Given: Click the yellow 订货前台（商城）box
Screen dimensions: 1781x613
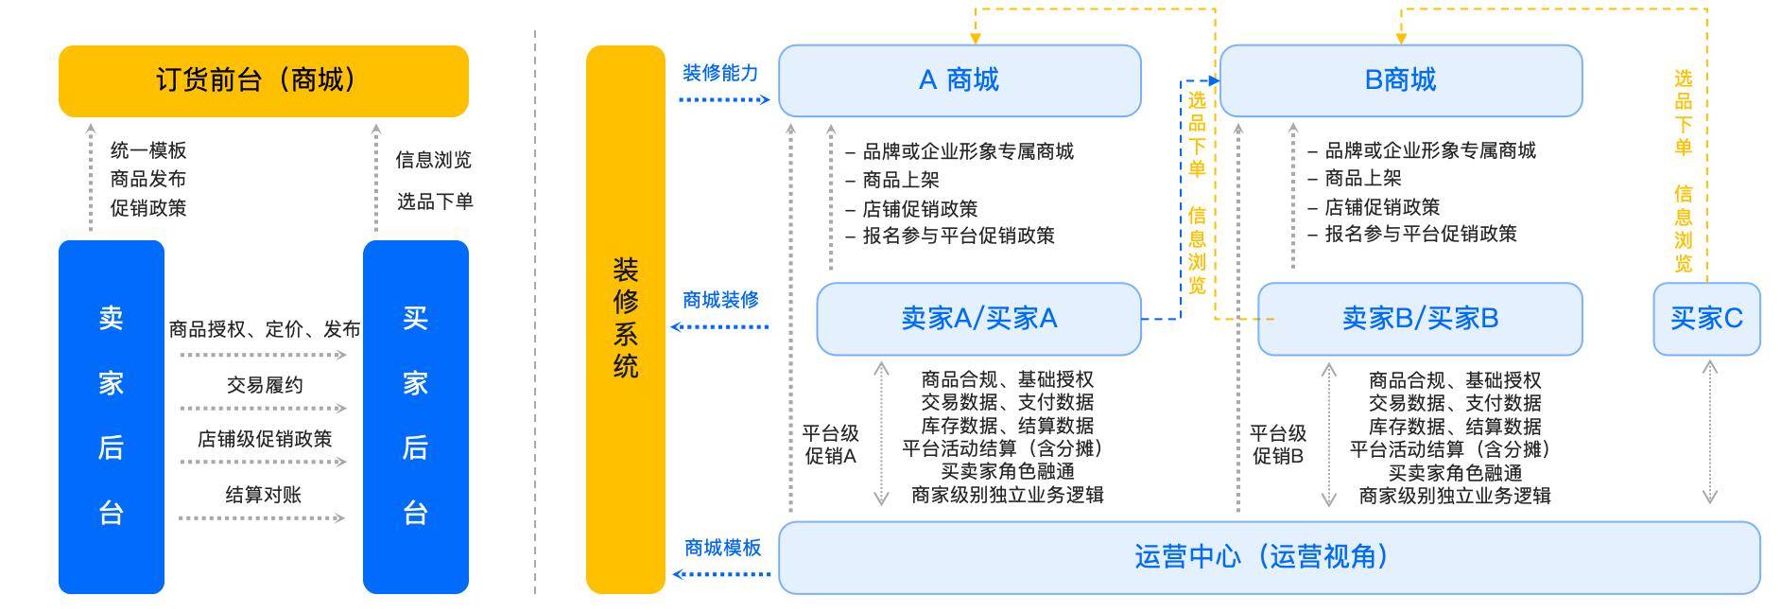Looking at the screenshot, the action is [x=264, y=80].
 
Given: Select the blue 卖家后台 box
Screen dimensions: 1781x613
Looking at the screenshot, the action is [x=112, y=416].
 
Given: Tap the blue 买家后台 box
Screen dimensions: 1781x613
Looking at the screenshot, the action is [x=416, y=416].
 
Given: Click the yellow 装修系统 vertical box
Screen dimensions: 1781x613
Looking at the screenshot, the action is [x=626, y=320].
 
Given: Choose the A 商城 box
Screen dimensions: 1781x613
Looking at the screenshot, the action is [x=960, y=80].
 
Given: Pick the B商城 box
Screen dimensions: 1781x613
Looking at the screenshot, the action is [x=1401, y=80].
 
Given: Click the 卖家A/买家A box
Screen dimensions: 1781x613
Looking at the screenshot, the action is [x=978, y=319].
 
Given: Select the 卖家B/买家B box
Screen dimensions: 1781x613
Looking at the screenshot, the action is [x=1420, y=319].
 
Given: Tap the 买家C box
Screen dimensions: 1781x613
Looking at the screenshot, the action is [x=1706, y=319].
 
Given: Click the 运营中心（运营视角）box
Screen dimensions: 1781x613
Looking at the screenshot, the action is [x=1270, y=557].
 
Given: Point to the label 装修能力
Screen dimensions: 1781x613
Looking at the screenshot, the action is [x=720, y=73].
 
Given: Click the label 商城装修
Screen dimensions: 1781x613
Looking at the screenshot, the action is [x=720, y=300].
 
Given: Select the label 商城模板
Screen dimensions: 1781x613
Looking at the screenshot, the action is [x=722, y=548].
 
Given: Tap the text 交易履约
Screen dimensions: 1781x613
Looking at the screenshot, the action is [x=265, y=385].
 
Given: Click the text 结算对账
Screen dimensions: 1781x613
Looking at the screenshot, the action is [x=263, y=494].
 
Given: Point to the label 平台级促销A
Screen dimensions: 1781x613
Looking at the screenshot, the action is [x=830, y=445].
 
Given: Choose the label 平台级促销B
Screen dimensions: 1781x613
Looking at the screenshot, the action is [x=1278, y=445].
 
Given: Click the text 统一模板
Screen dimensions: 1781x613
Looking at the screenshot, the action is [x=148, y=150].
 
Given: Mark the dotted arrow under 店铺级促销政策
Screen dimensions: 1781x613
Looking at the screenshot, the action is [x=263, y=462].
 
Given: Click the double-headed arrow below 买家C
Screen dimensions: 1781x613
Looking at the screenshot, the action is [x=1709, y=432].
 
